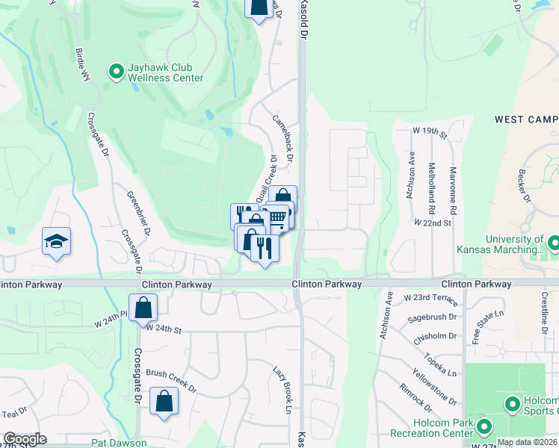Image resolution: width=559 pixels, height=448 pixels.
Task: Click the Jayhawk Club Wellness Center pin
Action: [117, 72]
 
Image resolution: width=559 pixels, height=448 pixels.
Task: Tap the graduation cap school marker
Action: [56, 241]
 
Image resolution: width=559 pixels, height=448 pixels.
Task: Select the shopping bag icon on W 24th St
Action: [143, 306]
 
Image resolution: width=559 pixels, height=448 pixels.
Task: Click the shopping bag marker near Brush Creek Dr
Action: [164, 401]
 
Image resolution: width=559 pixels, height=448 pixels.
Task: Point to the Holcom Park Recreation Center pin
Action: [484, 427]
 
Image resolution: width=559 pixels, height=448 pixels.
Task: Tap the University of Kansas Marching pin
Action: [554, 243]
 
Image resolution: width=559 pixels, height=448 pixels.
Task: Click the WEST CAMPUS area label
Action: [526, 119]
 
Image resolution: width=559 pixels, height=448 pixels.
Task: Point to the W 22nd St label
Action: [433, 223]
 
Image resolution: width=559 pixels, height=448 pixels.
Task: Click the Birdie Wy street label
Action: [82, 66]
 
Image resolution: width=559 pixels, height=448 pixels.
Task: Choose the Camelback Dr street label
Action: [282, 138]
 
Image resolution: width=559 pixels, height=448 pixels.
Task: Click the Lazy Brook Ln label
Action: [281, 388]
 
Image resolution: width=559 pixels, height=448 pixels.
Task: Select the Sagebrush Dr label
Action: [427, 318]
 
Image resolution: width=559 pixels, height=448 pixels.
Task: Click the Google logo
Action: [25, 439]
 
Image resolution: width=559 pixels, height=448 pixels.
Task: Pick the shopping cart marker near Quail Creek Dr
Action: [277, 217]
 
